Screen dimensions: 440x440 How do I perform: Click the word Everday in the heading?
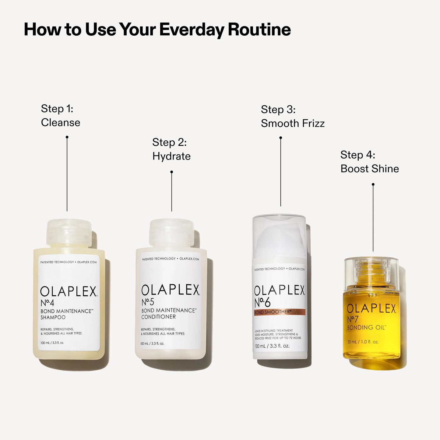pos(192,30)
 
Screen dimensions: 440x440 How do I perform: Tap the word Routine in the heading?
pos(259,30)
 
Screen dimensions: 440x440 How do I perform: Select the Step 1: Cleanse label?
pos(60,116)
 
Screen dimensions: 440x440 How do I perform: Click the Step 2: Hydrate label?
pos(171,149)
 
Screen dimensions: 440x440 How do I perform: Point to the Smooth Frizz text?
pos(293,123)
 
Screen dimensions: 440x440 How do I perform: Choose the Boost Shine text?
pos(370,169)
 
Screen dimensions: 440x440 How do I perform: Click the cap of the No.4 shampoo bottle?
pos(69,233)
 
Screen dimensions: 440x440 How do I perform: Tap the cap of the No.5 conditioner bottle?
pos(171,233)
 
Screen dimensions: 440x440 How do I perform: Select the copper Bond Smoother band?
pos(279,312)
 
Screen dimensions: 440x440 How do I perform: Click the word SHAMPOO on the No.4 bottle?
pos(53,317)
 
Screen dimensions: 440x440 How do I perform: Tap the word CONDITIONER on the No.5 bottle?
pos(158,317)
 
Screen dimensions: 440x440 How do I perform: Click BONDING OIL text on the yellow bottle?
pos(366,328)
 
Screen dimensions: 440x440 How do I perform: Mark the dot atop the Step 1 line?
pos(67,137)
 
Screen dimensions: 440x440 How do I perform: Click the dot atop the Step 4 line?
pos(373,184)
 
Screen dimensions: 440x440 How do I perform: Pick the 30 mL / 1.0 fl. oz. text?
pos(363,342)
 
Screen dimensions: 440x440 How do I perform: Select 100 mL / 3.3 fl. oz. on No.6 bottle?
pos(272,346)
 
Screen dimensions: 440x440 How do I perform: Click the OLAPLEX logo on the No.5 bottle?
pos(171,290)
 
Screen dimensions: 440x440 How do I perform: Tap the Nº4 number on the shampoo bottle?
pos(48,303)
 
